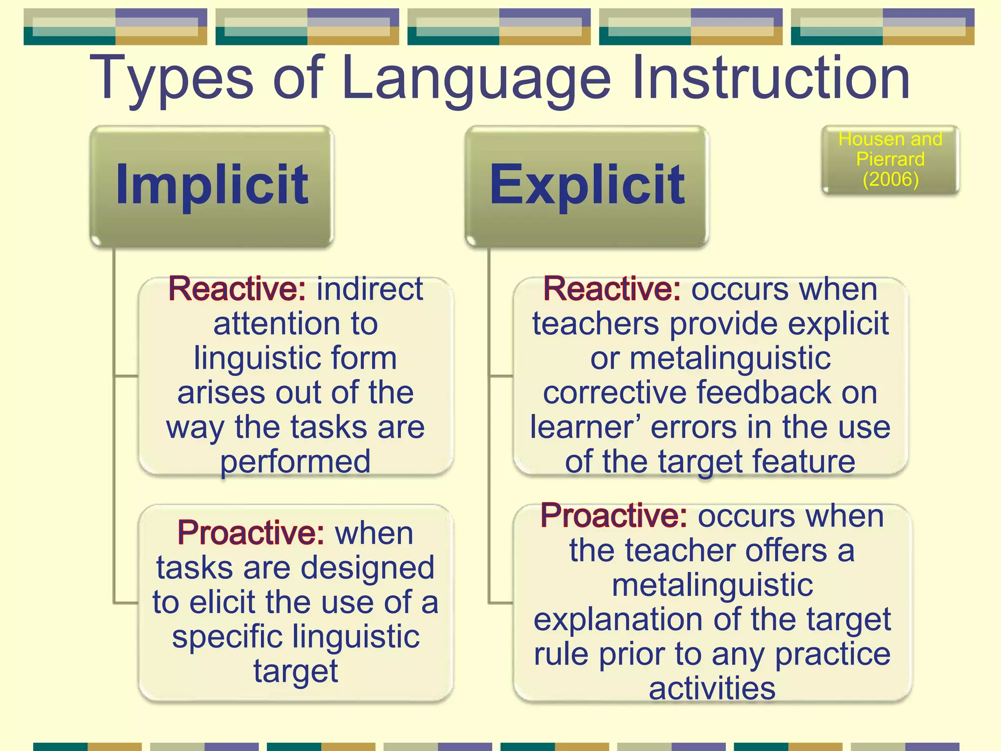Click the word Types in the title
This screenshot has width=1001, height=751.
point(171,78)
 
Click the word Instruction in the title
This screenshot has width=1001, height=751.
point(771,78)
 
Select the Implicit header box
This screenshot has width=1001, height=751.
point(212,186)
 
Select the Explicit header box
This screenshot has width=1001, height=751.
point(587,186)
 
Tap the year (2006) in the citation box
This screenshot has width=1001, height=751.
point(891,179)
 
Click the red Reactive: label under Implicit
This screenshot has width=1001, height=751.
point(237,289)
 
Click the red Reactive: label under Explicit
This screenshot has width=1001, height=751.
point(612,289)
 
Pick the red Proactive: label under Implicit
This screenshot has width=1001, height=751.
point(251,533)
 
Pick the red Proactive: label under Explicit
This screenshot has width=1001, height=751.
point(614,516)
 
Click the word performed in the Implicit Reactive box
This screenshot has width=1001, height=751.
point(295,462)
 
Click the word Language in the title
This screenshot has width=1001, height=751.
point(477,78)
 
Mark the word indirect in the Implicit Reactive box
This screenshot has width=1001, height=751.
point(370,289)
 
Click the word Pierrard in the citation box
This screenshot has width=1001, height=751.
point(891,159)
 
